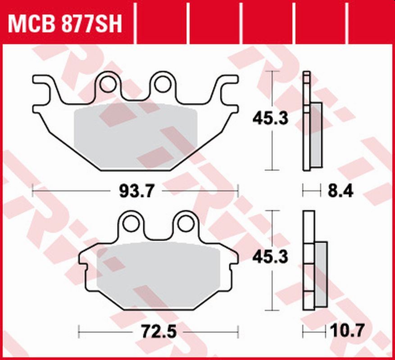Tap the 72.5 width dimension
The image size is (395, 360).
(159, 333)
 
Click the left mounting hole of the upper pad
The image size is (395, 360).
(108, 83)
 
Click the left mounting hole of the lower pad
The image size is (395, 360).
(132, 222)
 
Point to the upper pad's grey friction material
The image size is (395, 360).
(135, 135)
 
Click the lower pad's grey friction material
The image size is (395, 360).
(158, 270)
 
